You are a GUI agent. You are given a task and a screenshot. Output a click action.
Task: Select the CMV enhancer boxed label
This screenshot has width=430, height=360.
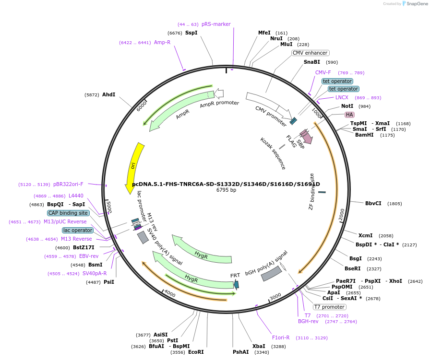click(x=310, y=53)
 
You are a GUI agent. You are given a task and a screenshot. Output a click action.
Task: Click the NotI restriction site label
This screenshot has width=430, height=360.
click(x=347, y=106)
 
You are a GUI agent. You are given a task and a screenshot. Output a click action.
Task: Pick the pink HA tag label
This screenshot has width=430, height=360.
click(x=349, y=115)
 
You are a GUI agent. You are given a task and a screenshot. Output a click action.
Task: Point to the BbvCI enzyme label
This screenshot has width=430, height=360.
click(x=373, y=203)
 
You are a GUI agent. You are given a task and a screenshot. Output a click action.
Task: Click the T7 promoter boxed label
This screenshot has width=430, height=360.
click(x=329, y=307)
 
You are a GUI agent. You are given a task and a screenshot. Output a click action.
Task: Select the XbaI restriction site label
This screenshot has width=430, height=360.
click(x=258, y=346)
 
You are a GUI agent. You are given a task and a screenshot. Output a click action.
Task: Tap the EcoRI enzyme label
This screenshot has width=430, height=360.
click(x=196, y=352)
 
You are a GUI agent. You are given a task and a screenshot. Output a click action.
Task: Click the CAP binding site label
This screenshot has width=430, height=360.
click(x=68, y=213)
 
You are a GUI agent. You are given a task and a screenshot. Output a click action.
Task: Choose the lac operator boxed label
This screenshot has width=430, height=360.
click(x=77, y=230)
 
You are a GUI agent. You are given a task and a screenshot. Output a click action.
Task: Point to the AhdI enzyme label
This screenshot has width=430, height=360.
click(x=108, y=94)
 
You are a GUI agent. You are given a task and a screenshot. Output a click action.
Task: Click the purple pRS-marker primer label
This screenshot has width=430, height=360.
click(x=216, y=24)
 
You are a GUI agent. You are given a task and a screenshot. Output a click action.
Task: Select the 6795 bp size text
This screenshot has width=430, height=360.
click(x=226, y=190)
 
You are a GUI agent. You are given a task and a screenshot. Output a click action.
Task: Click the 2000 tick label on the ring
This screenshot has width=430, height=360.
click(x=342, y=214)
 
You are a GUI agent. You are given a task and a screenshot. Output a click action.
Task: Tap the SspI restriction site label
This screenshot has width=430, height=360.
click(x=191, y=33)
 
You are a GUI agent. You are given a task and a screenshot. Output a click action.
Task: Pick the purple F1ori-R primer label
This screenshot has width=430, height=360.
click(x=281, y=337)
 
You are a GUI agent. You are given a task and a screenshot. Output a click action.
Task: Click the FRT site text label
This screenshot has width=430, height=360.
click(x=235, y=276)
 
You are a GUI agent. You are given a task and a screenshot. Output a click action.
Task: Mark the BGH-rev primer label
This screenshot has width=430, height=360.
click(x=308, y=321)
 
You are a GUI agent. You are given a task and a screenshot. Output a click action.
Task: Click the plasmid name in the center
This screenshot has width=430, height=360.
click(x=226, y=184)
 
